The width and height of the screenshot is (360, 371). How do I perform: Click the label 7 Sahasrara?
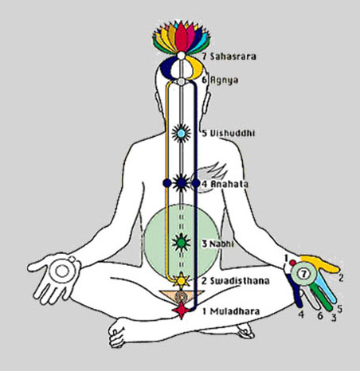(229, 57)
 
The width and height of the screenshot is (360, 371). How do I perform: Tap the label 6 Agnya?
(220, 80)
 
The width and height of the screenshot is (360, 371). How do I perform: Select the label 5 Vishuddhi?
(229, 133)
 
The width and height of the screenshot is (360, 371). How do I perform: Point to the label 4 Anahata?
(225, 184)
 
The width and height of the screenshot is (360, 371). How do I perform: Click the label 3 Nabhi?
(217, 244)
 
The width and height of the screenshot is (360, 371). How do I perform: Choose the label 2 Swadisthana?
(235, 280)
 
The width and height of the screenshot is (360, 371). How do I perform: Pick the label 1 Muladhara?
(231, 311)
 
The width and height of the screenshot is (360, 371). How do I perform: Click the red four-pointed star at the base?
(181, 310)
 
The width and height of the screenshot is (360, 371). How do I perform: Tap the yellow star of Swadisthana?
(182, 280)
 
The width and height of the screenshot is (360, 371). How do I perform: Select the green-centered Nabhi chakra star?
(181, 242)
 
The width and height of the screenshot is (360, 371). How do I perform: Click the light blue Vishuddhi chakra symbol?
(181, 133)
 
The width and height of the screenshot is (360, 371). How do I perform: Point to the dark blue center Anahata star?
(181, 183)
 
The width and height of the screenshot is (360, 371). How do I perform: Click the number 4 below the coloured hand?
(301, 314)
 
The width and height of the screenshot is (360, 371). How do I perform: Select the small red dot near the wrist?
(292, 263)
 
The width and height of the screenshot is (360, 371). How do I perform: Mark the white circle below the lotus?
(181, 56)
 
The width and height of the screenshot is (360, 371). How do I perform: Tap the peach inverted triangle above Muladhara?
(182, 296)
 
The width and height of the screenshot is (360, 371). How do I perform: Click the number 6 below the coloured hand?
(320, 316)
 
